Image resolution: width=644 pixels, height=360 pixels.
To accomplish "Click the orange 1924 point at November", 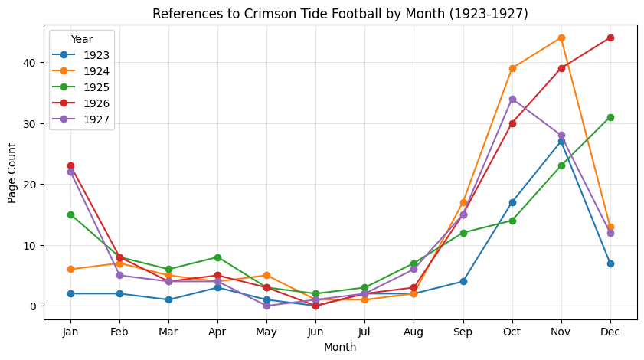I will tap(561, 38).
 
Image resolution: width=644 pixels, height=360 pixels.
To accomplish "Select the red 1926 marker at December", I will tap(610, 38).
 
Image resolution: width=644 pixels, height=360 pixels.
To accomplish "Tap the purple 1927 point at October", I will tap(512, 99).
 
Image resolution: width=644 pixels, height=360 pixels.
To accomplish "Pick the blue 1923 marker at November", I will tap(561, 141).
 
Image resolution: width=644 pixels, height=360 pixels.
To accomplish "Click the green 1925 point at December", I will tap(610, 117).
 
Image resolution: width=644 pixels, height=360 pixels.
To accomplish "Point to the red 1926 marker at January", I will tap(70, 165).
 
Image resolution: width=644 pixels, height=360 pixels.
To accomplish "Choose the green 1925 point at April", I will tap(217, 257).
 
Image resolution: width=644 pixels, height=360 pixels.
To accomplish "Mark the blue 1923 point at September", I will tap(463, 281).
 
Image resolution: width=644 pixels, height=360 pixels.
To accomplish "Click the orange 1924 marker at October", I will tap(512, 68).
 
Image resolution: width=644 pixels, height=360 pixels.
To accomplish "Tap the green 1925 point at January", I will tap(70, 214).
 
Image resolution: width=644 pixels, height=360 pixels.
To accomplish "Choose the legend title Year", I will tap(82, 38).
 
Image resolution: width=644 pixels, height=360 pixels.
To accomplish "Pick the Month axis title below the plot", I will tap(340, 347).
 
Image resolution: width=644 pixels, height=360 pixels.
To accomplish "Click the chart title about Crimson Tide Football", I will tap(340, 14).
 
